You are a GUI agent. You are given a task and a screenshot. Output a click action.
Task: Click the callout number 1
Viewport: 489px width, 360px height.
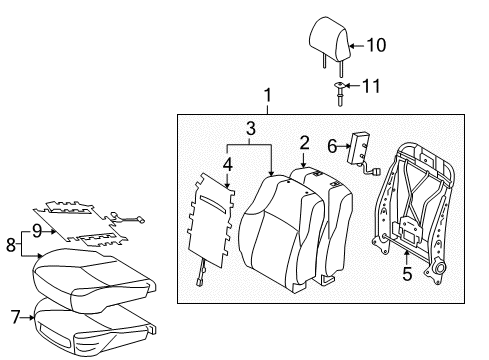point(267,96)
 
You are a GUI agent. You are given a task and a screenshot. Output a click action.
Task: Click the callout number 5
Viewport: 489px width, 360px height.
point(405,271)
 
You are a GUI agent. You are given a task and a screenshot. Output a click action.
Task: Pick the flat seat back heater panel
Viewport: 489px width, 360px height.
point(212,226)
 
